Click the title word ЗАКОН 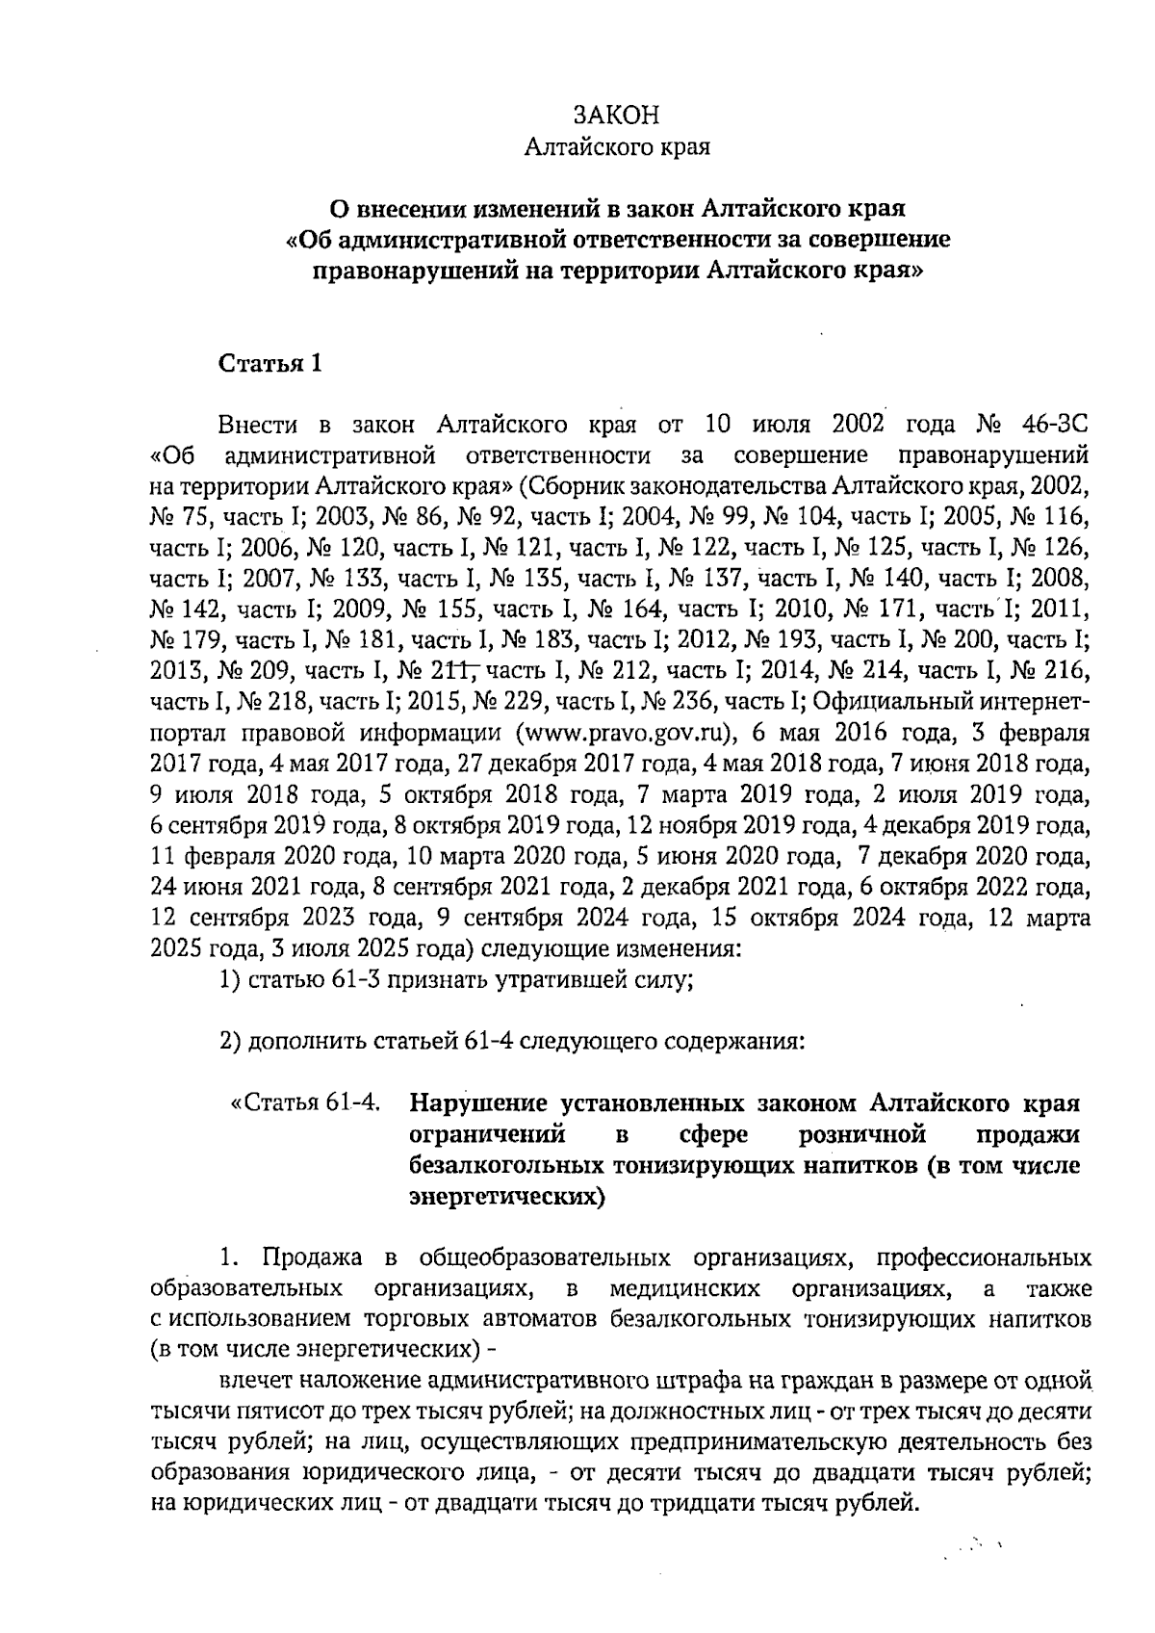tap(616, 115)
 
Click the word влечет tap(252, 1382)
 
